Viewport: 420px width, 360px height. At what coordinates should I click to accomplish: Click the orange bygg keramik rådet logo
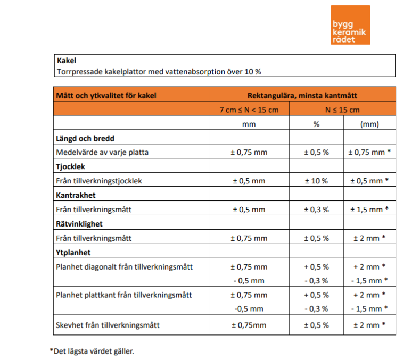(x=350, y=25)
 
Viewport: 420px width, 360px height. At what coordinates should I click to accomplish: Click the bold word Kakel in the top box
(x=67, y=61)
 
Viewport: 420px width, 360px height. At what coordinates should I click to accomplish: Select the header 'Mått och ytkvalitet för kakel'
(x=106, y=96)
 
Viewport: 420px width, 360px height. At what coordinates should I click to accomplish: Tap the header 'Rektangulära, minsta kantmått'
(x=302, y=96)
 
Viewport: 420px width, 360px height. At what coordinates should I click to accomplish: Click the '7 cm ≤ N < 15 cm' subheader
(x=249, y=110)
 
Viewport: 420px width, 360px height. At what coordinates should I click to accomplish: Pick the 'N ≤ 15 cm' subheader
(x=342, y=110)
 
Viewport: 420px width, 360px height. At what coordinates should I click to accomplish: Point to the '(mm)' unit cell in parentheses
(x=369, y=124)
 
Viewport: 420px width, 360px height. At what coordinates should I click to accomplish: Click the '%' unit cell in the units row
(x=316, y=124)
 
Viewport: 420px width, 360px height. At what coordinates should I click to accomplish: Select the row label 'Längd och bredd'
(x=85, y=138)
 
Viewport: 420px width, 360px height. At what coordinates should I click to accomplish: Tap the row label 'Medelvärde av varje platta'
(x=102, y=152)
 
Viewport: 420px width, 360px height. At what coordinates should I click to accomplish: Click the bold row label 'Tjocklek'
(x=70, y=167)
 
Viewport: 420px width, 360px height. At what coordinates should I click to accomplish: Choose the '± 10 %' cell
(x=316, y=181)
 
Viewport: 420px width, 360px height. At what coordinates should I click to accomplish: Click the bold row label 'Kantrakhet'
(x=76, y=195)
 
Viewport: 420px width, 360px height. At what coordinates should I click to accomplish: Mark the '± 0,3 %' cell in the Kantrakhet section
(x=316, y=210)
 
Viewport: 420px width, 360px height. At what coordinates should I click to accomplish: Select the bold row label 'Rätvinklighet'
(x=79, y=224)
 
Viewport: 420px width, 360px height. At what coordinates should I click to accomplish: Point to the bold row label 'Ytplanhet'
(x=73, y=253)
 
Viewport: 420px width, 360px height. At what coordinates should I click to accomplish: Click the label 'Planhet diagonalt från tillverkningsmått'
(x=124, y=267)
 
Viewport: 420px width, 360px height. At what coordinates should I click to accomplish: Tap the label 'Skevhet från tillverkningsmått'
(x=108, y=325)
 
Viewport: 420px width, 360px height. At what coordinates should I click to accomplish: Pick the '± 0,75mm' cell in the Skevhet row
(x=249, y=325)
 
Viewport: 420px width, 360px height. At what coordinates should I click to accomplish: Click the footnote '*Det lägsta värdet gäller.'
(x=92, y=351)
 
